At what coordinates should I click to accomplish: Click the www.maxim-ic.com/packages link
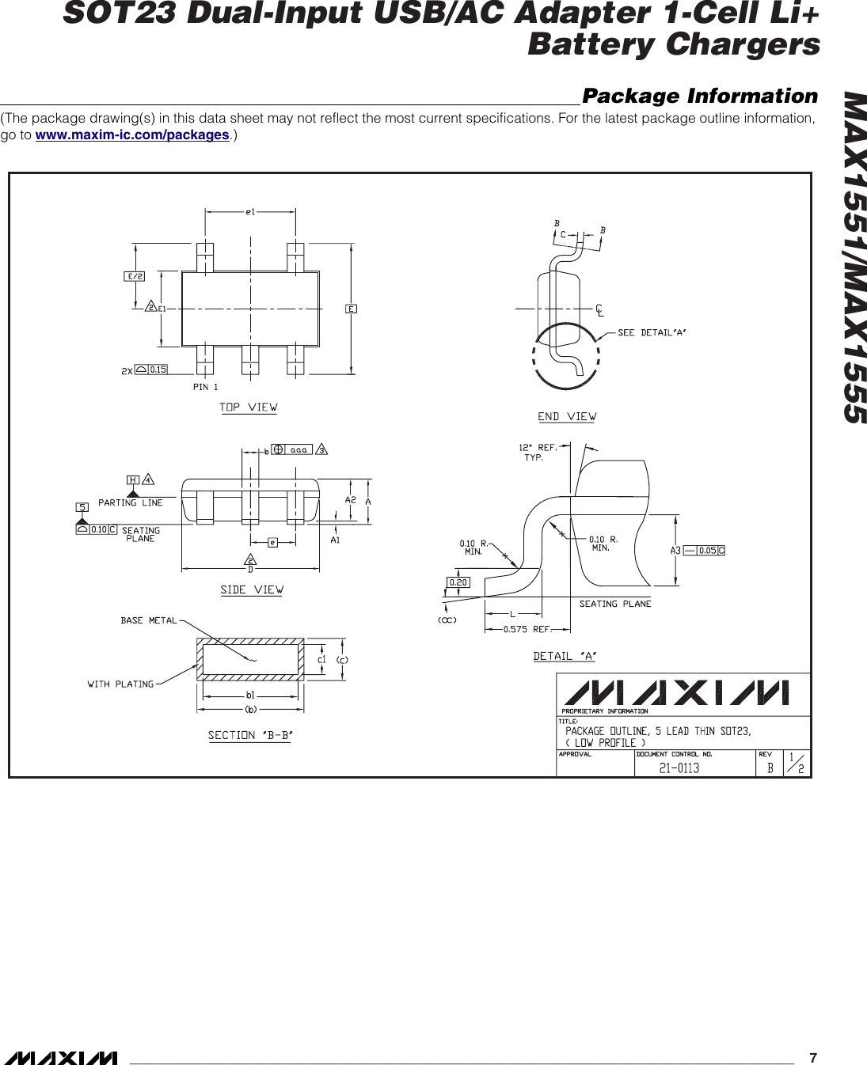tap(133, 135)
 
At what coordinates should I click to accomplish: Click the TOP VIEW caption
tap(248, 407)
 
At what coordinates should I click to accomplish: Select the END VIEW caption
tap(567, 416)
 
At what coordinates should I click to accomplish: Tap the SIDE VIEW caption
tap(251, 589)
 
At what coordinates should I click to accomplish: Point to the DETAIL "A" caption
tap(564, 656)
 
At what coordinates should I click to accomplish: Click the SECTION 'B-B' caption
tap(250, 735)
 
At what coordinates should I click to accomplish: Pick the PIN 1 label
tap(205, 387)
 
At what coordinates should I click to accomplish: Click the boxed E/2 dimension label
tap(135, 276)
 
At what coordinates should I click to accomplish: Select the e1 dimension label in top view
tap(250, 212)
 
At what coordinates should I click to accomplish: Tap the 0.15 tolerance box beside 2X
tap(158, 369)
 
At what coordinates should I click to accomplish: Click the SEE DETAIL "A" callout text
tap(651, 332)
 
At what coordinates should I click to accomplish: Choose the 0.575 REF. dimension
tap(527, 630)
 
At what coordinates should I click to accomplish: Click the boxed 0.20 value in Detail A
tap(458, 582)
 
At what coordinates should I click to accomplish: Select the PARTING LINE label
tap(131, 502)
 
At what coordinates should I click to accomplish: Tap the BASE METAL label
tap(149, 620)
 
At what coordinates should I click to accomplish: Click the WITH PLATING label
tap(120, 684)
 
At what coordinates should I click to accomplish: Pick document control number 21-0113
tap(679, 767)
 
